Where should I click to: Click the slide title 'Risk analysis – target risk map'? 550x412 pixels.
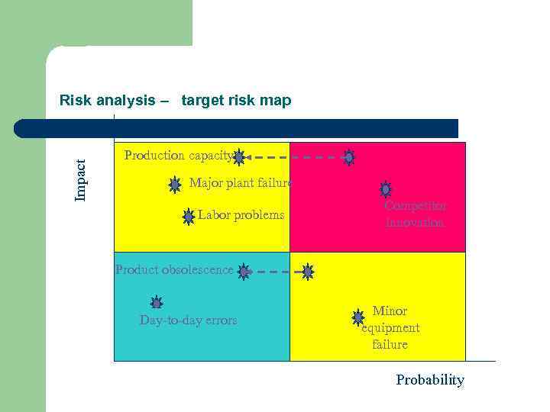tap(175, 101)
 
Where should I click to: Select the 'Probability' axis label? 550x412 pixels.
tap(429, 380)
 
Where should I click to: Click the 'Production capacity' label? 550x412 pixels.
tap(178, 156)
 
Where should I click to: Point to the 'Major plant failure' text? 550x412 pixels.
tap(240, 183)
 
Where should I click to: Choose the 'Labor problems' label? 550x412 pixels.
tap(241, 215)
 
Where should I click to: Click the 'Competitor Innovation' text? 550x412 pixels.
tap(415, 214)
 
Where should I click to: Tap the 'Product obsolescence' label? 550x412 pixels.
tap(174, 269)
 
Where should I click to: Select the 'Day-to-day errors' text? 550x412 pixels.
tap(188, 320)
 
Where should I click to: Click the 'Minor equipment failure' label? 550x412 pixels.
tap(390, 328)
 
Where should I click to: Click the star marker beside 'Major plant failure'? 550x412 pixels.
tap(175, 184)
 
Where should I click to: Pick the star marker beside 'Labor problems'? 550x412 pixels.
tap(189, 217)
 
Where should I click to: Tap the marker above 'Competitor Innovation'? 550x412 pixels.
tap(386, 188)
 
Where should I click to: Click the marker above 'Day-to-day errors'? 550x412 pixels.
tap(157, 303)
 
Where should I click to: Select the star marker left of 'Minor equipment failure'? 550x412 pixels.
tap(357, 317)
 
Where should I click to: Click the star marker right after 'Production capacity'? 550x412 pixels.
tap(238, 158)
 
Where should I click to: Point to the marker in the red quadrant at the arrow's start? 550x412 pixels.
tap(348, 158)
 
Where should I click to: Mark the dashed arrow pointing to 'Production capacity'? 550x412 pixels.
tap(294, 158)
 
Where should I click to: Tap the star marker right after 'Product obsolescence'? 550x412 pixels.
tap(244, 271)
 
